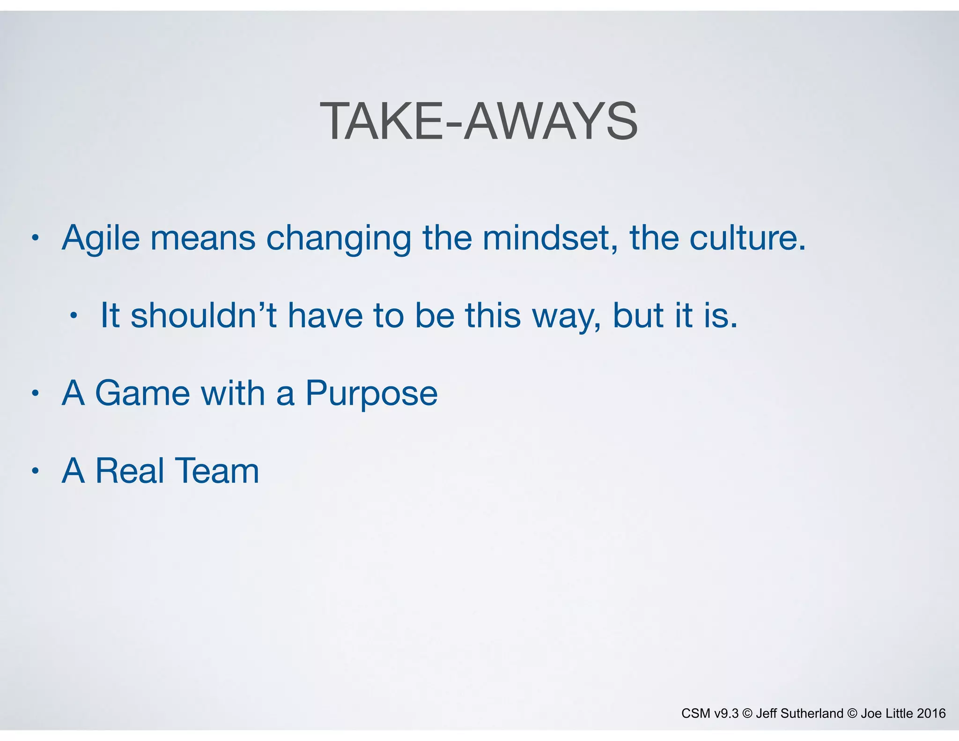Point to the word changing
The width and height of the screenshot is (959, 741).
click(x=339, y=239)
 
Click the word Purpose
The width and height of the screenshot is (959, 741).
click(x=371, y=393)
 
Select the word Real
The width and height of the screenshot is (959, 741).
click(x=130, y=471)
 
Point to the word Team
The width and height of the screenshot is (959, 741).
click(x=217, y=471)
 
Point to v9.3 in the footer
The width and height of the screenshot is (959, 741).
click(x=726, y=713)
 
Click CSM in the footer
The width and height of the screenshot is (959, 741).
click(x=695, y=713)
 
